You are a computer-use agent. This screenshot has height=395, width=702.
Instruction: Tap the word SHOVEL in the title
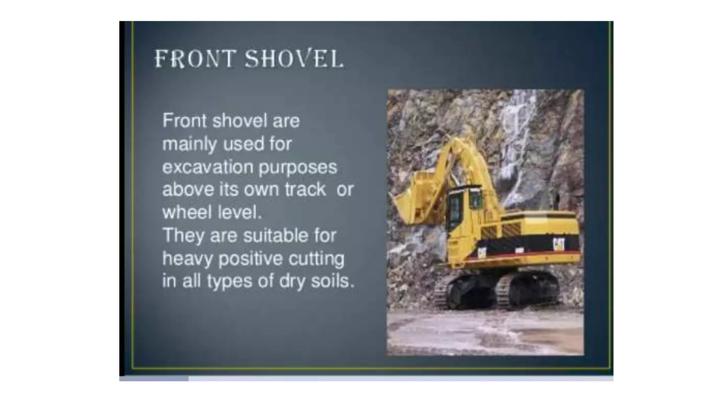point(294,59)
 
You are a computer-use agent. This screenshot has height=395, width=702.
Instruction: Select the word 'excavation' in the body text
point(207,167)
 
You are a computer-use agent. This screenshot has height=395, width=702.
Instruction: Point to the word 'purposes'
point(298,168)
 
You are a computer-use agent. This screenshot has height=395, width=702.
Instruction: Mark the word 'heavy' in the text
point(187,259)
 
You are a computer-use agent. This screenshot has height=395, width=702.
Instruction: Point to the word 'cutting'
point(316,259)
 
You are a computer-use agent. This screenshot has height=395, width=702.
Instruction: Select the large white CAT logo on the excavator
point(558,244)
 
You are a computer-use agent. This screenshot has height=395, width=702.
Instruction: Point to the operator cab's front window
point(455,209)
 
